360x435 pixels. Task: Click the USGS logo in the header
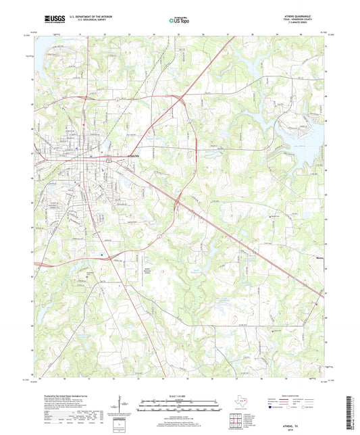point(51,18)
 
